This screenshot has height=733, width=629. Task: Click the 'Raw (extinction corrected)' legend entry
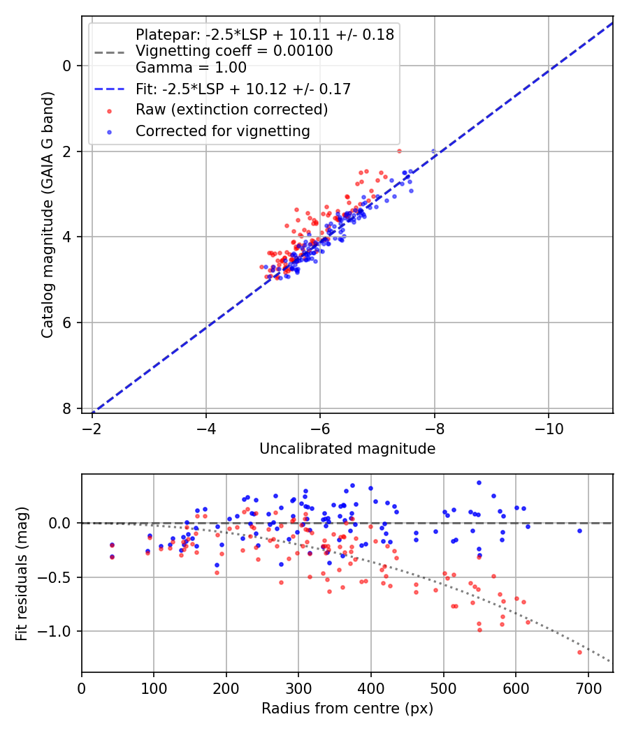tap(231, 110)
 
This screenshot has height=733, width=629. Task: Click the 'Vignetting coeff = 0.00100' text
tap(234, 50)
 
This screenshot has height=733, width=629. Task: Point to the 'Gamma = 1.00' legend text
tap(191, 68)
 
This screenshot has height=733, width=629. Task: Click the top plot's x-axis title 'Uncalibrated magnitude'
tap(347, 449)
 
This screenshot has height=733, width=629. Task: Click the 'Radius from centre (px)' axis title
tap(347, 709)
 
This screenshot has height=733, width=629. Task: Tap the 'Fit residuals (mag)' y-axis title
tap(22, 573)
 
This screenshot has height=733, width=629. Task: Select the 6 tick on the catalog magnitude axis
tap(68, 323)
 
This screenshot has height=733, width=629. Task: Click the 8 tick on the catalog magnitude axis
tap(68, 408)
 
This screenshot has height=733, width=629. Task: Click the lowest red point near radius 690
tap(579, 652)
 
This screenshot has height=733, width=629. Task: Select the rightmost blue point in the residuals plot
tap(579, 531)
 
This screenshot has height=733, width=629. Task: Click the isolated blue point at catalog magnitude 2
tap(433, 151)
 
